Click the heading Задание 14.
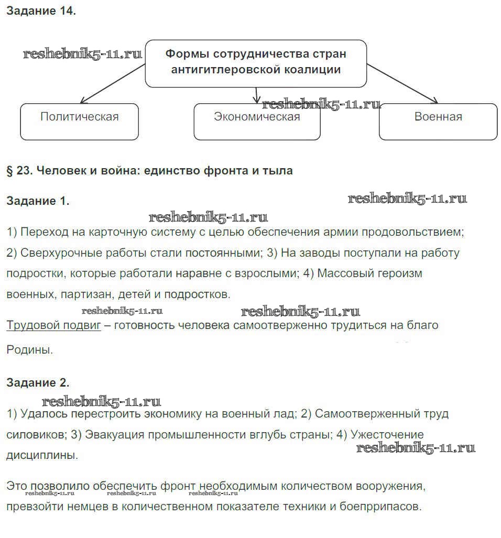coord(41,12)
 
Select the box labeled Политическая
coord(79,122)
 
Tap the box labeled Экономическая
coord(257,122)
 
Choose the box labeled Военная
coord(438,122)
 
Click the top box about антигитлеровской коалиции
coord(256,63)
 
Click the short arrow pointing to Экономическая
coord(256,95)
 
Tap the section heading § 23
coord(149,171)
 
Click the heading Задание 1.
coord(37,201)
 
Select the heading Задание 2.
coord(37,382)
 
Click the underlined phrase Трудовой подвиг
coord(53,325)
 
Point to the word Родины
coord(29,349)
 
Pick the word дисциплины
coord(42,455)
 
